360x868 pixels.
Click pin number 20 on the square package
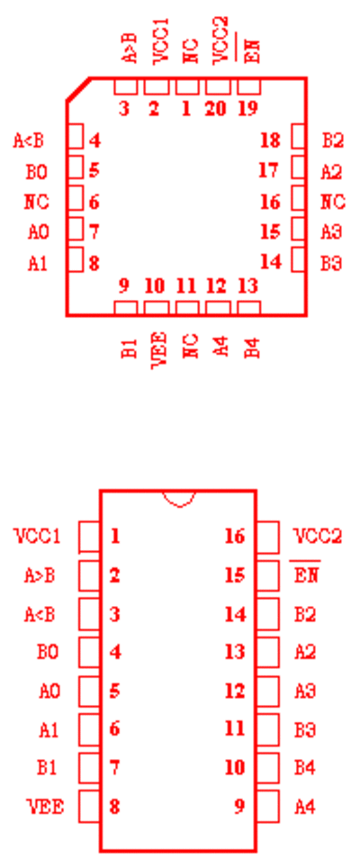click(215, 108)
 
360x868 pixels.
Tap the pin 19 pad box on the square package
click(248, 86)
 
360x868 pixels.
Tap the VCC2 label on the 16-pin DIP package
click(317, 536)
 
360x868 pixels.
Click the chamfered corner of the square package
click(78, 90)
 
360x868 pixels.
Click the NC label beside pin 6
click(37, 202)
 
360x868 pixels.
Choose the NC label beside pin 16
click(333, 202)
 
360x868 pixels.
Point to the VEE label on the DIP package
click(45, 807)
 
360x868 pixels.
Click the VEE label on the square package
click(158, 349)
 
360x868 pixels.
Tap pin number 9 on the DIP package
click(238, 806)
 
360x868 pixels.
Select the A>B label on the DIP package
click(40, 575)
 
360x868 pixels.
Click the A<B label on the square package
click(28, 140)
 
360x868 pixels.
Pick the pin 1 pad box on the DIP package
click(89, 537)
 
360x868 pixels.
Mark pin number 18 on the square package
click(270, 140)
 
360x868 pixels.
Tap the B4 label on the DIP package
click(305, 768)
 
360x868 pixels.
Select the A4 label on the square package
click(220, 347)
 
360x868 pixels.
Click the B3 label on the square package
click(332, 263)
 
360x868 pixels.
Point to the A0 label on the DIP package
click(49, 692)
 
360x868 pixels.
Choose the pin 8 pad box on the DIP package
click(89, 806)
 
